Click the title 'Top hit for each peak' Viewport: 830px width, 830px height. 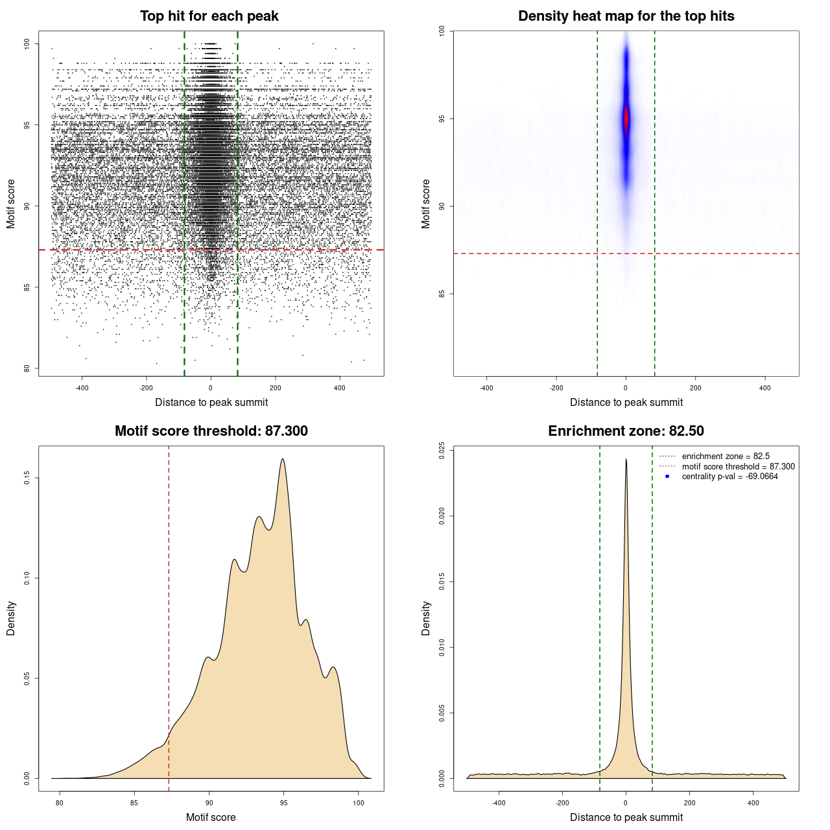(209, 16)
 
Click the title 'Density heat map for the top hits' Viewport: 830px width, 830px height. (626, 16)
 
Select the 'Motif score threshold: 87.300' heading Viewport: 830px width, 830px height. (211, 431)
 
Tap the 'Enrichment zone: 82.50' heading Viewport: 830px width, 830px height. (626, 431)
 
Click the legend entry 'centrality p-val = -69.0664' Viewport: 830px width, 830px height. (729, 477)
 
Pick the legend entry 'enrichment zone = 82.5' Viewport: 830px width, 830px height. (726, 456)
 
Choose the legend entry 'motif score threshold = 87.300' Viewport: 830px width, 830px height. (738, 466)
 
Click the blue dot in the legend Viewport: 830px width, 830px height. (667, 477)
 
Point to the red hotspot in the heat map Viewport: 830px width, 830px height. (626, 119)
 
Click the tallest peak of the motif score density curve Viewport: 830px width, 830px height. (283, 459)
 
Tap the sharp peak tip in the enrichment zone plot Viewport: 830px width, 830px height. (626, 459)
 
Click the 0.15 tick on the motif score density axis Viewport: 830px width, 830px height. (27, 478)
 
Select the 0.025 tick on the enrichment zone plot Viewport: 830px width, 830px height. (442, 451)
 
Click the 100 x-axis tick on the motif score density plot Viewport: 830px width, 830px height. (359, 803)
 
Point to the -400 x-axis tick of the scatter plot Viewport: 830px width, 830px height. (82, 388)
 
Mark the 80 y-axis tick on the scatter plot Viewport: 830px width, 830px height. (27, 368)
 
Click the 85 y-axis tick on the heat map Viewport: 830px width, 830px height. (442, 294)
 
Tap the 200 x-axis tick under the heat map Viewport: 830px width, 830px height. (696, 388)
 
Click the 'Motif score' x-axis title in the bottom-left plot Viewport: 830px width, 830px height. (211, 817)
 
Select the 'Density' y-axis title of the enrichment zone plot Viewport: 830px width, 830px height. (426, 618)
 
